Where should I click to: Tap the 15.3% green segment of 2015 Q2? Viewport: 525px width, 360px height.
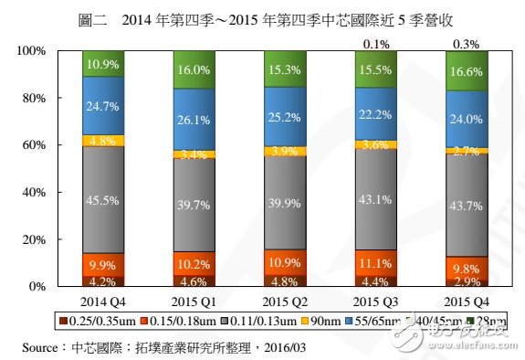tap(285, 69)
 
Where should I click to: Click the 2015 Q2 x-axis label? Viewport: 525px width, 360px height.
tap(285, 301)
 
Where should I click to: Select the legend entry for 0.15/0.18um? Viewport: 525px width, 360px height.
tap(178, 321)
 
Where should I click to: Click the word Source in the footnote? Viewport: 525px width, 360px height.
tap(40, 346)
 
